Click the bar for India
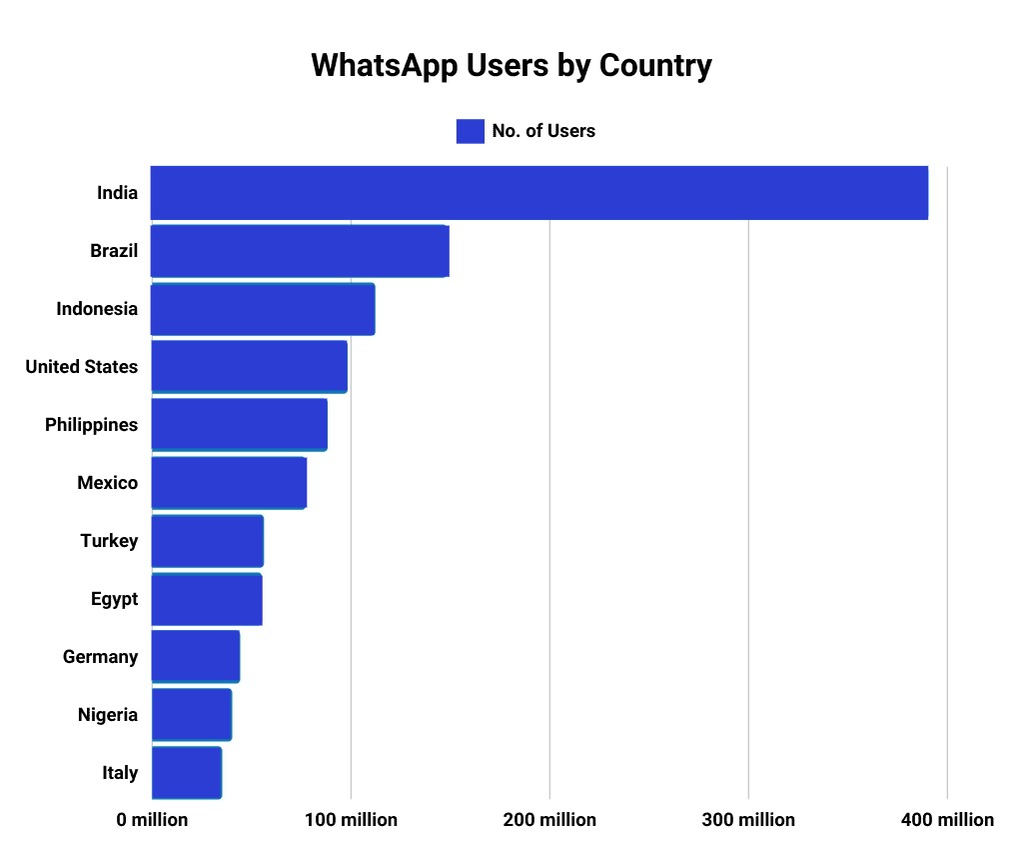tap(539, 193)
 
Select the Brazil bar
tap(300, 251)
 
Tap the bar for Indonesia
tap(263, 309)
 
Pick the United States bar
tap(249, 367)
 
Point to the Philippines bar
tap(239, 425)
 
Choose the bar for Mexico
tap(229, 483)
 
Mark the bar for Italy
tap(186, 773)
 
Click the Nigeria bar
tap(191, 715)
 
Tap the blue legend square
tap(470, 131)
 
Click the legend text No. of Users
tap(543, 131)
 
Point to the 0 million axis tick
tap(152, 820)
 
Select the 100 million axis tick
tap(351, 820)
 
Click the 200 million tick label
tap(549, 820)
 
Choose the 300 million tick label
tap(748, 820)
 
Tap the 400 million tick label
tap(947, 820)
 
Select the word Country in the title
tap(655, 66)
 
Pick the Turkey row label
tap(109, 541)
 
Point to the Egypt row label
tap(114, 599)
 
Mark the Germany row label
tap(100, 657)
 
